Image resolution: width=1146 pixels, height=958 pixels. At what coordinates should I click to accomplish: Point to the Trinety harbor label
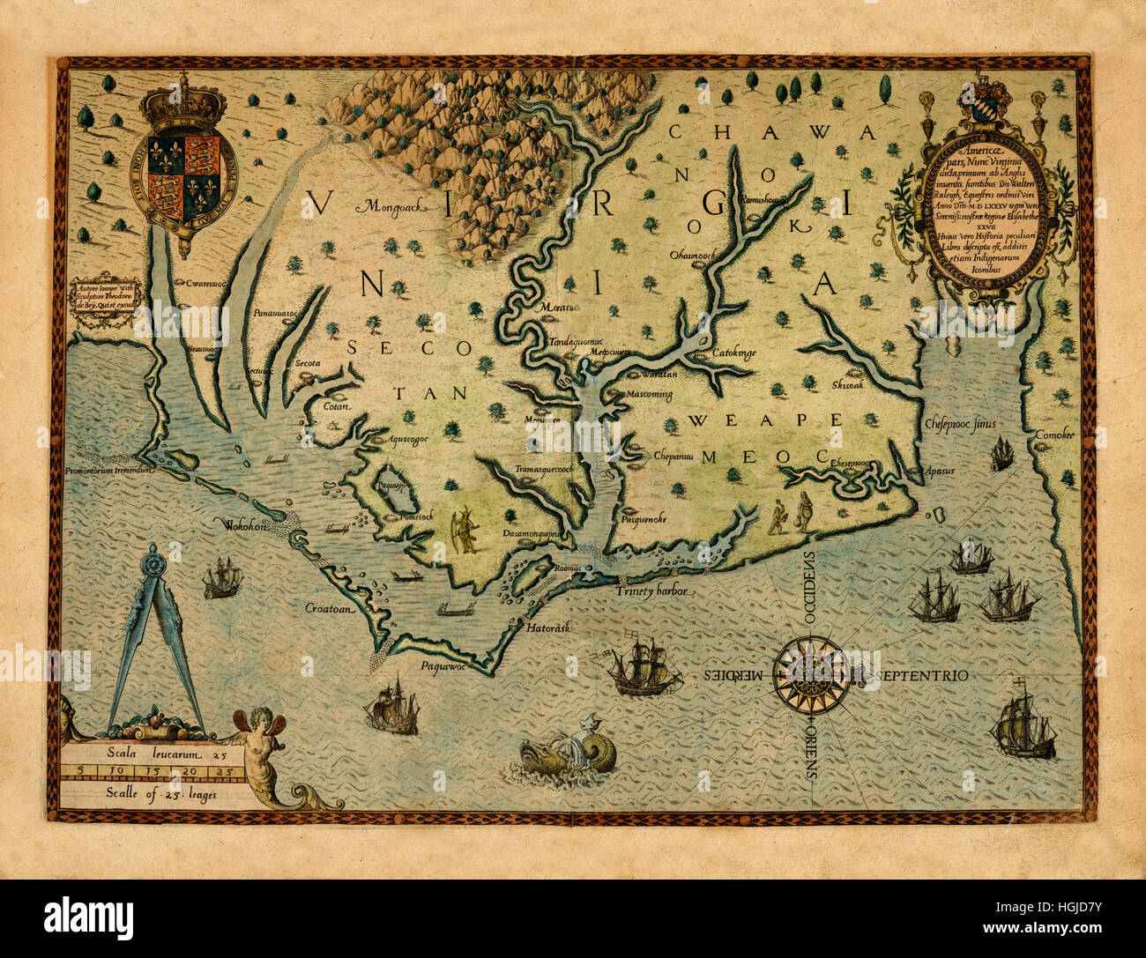653,591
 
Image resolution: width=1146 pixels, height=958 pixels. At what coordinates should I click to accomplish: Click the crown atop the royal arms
183,104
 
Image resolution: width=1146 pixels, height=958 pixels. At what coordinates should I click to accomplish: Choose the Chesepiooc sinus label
960,424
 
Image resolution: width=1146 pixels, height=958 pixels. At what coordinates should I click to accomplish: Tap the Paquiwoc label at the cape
443,666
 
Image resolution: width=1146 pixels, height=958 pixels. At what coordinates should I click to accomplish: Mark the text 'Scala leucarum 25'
155,754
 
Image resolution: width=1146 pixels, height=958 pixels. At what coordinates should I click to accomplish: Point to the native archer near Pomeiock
465,531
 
